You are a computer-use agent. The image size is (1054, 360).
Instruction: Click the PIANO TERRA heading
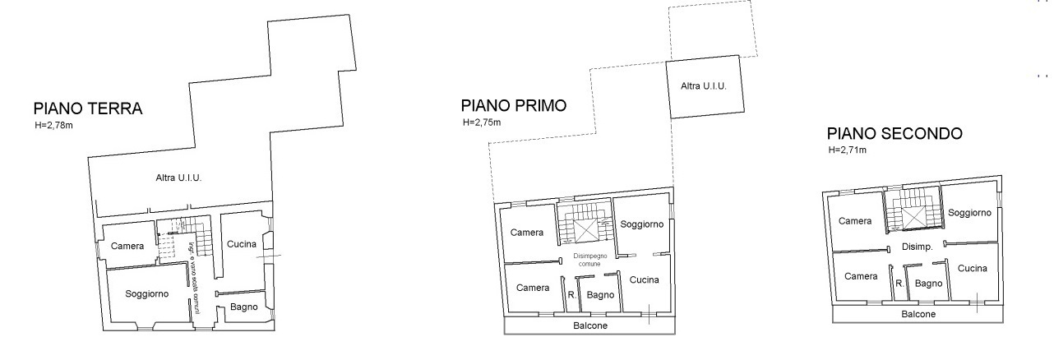[x=88, y=108]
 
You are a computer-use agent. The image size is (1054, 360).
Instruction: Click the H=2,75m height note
[x=481, y=122]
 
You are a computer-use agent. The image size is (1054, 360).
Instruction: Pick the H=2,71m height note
[x=848, y=150]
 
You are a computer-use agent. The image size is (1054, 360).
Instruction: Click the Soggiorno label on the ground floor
[x=147, y=293]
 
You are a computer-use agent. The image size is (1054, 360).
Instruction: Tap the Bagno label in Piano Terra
[x=244, y=307]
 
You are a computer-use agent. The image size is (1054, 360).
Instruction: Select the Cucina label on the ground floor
[x=242, y=244]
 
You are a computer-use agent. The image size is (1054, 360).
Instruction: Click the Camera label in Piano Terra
[x=127, y=246]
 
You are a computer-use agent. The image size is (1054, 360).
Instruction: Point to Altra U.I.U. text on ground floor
[x=178, y=178]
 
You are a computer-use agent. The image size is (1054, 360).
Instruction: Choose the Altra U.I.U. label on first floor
[x=704, y=86]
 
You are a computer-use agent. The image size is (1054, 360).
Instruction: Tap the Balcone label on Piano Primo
[x=590, y=325]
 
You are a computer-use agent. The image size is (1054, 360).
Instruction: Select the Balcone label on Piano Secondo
[x=917, y=314]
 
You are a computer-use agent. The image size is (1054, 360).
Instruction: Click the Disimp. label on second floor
[x=915, y=247]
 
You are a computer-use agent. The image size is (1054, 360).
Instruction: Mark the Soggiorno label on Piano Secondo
[x=969, y=213]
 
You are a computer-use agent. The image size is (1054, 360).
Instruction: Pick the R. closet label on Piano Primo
[x=571, y=294]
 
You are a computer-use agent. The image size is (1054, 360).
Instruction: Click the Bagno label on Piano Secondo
[x=928, y=284]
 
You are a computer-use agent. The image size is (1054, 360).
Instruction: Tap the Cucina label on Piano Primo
[x=645, y=280]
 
